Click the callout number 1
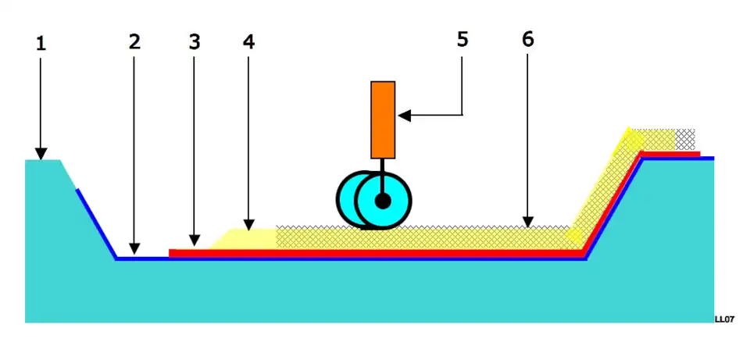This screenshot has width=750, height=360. [41, 44]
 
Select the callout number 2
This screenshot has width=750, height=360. [134, 42]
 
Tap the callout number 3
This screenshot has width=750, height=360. [194, 42]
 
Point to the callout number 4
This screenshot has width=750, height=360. [248, 42]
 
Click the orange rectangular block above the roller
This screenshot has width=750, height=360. [383, 119]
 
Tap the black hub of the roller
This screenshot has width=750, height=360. [382, 201]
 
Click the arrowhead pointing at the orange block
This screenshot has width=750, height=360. [404, 116]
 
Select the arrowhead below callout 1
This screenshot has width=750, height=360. [41, 153]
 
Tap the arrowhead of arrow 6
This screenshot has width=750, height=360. [528, 223]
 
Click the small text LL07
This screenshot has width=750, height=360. [724, 319]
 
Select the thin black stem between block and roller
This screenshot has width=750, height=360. [382, 166]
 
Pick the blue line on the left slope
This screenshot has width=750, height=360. [95, 222]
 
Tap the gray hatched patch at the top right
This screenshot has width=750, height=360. [685, 139]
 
